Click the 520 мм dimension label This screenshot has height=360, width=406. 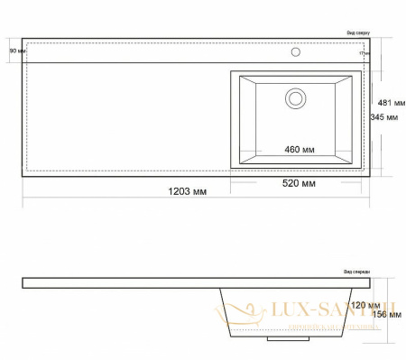tap(298, 183)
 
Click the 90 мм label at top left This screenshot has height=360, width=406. tap(16, 51)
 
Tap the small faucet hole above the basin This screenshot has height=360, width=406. tap(295, 52)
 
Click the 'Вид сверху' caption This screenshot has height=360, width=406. tap(357, 32)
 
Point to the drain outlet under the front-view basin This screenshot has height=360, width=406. tap(290, 341)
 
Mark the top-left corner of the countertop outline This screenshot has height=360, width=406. tap(23, 39)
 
